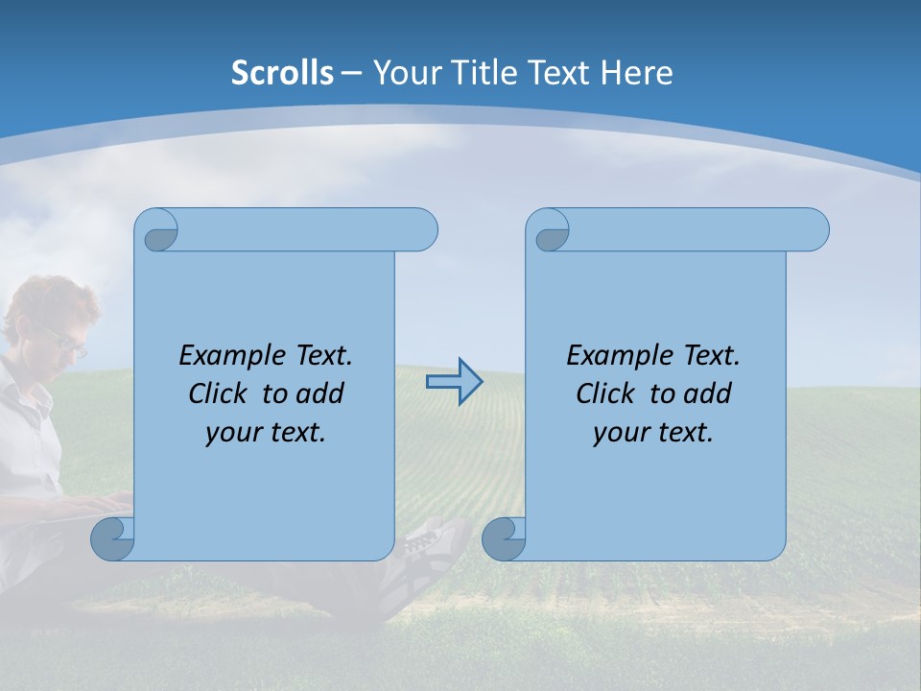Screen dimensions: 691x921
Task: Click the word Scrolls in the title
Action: pos(282,73)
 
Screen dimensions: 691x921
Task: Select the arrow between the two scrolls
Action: pos(454,382)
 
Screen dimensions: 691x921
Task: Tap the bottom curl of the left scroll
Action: pos(112,538)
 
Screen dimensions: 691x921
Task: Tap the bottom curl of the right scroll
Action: pos(504,538)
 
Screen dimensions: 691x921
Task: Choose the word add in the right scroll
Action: pos(708,393)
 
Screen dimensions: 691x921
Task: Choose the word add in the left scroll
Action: pos(320,393)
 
